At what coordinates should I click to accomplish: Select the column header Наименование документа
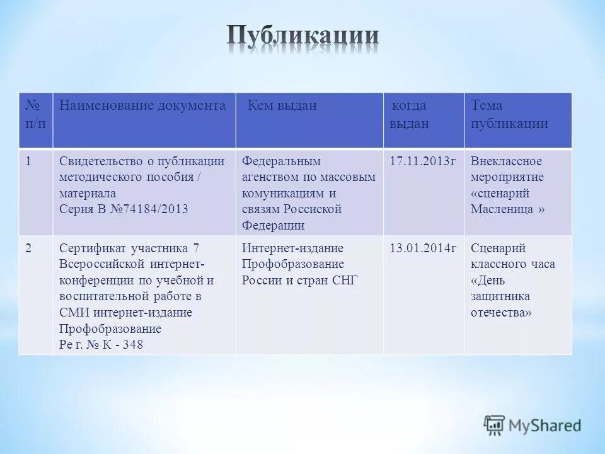(x=142, y=106)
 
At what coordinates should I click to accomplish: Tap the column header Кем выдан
(x=282, y=106)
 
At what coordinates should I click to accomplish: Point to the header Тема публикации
(x=509, y=114)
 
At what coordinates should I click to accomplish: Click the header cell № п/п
(x=35, y=114)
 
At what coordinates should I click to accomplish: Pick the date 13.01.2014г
(x=423, y=248)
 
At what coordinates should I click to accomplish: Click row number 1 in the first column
(x=29, y=161)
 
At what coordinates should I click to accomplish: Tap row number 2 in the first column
(x=29, y=248)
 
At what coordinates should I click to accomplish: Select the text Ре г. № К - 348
(x=101, y=345)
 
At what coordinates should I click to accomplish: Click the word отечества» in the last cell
(x=501, y=312)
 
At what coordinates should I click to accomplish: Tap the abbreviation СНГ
(x=345, y=281)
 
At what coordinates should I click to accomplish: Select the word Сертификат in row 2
(x=88, y=248)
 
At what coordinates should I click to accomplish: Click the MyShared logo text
(x=546, y=426)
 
